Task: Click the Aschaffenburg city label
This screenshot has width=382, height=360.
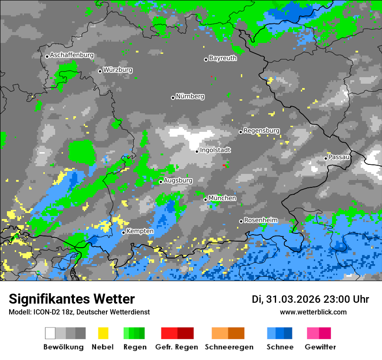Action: (x=72, y=55)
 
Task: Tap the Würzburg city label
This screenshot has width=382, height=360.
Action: (x=118, y=70)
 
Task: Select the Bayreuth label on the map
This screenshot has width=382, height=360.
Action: (x=223, y=58)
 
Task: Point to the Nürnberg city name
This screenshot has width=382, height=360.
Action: (x=190, y=96)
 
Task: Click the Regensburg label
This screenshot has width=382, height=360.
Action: (x=261, y=131)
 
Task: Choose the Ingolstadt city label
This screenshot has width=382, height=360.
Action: (x=215, y=150)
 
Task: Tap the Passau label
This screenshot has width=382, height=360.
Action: (x=339, y=157)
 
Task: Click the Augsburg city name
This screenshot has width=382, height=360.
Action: (x=178, y=180)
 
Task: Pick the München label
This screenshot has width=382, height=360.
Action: (x=222, y=198)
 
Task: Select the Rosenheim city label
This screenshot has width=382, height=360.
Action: (x=260, y=220)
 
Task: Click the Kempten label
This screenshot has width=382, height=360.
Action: (x=140, y=231)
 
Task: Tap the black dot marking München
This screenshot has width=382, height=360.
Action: (x=206, y=200)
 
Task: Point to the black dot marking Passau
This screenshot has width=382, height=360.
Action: (x=326, y=158)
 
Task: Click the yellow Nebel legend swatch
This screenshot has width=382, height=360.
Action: (x=103, y=333)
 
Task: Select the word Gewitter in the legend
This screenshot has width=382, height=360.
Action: (x=320, y=347)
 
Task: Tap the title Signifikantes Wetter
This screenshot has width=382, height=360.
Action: (x=72, y=299)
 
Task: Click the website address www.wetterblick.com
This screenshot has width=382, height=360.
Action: (x=313, y=312)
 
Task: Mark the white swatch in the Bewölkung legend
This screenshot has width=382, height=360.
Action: (x=50, y=333)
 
